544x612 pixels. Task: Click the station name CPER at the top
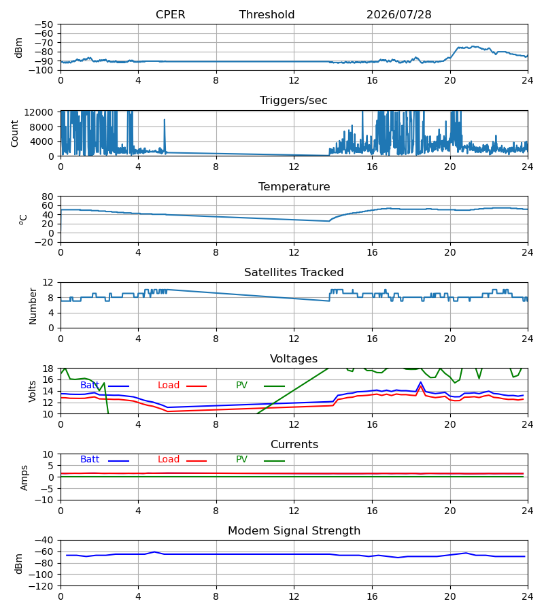click(x=170, y=14)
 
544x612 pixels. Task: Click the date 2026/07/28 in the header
click(x=399, y=14)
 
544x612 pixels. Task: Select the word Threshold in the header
click(x=267, y=14)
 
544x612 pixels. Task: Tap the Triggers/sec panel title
click(x=294, y=101)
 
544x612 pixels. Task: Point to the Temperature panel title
click(x=294, y=186)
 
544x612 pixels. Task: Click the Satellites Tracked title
click(x=294, y=273)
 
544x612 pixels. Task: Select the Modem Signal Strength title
click(x=294, y=531)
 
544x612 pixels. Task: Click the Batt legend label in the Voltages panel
click(x=90, y=386)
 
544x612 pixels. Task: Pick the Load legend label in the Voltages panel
click(x=169, y=386)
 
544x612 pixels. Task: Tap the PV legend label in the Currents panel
click(x=241, y=460)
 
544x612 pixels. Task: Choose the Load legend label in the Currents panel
click(x=169, y=460)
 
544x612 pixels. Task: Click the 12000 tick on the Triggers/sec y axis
click(x=39, y=112)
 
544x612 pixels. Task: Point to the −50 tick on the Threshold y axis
click(x=44, y=24)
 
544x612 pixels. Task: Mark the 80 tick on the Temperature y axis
click(x=48, y=197)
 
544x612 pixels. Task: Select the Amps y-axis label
click(x=24, y=478)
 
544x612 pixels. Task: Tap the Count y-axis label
click(x=15, y=133)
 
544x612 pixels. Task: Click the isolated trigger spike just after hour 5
click(x=165, y=120)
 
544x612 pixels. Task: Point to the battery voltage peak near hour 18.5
click(x=421, y=382)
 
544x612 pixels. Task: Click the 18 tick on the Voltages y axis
click(x=48, y=369)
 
